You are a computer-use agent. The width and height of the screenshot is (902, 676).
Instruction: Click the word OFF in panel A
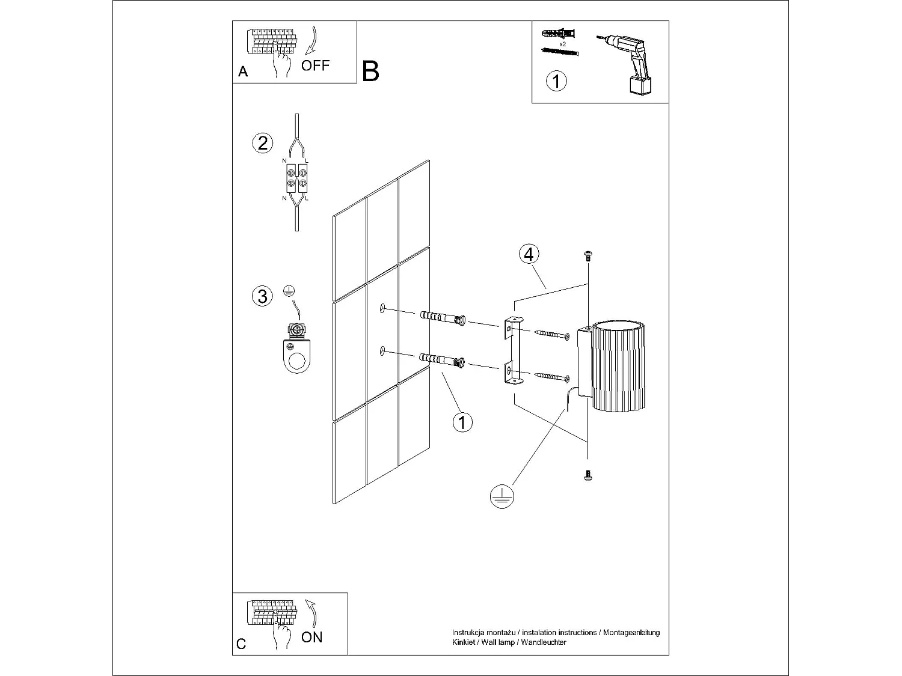click(x=315, y=65)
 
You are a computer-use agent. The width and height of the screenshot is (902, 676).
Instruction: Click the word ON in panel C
click(x=311, y=637)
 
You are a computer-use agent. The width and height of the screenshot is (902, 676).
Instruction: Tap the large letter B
click(x=371, y=72)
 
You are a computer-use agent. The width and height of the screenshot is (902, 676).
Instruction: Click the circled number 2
click(x=262, y=143)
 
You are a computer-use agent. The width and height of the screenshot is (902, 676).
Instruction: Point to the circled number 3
click(x=262, y=296)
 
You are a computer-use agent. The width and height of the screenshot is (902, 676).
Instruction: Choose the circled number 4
click(x=529, y=255)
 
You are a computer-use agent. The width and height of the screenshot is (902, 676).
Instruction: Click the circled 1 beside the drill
click(x=556, y=81)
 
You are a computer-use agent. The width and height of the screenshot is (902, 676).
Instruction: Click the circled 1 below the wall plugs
click(x=462, y=422)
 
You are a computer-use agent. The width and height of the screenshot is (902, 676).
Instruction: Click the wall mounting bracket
click(x=513, y=352)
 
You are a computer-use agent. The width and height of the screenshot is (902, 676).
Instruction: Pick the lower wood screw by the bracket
click(x=551, y=377)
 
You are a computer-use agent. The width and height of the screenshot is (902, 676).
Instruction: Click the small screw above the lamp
click(x=588, y=256)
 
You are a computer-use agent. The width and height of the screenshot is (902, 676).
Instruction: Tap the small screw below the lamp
click(x=588, y=476)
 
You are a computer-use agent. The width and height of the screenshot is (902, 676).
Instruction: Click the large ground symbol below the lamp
click(x=500, y=496)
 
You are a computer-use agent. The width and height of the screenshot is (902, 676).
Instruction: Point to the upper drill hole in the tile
click(x=381, y=309)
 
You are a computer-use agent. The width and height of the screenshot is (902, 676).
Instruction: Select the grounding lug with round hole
click(x=295, y=355)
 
